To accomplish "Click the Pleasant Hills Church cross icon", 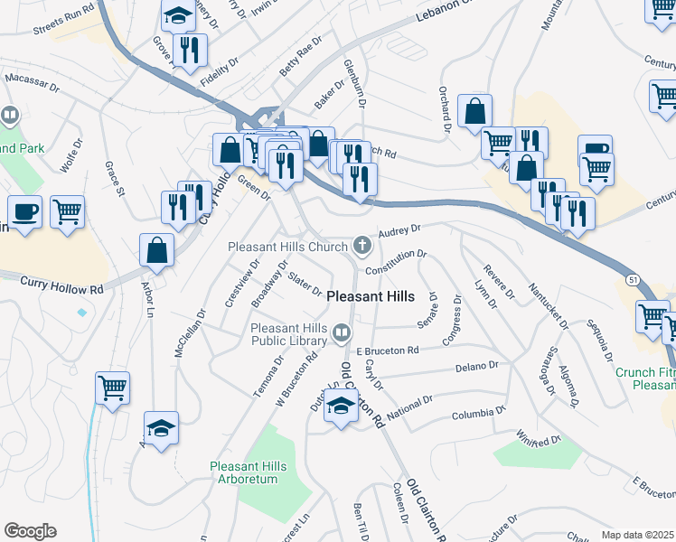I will (x=361, y=245).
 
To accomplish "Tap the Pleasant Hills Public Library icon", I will (x=341, y=333).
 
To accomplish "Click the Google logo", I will (x=30, y=531).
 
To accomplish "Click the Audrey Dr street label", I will (x=400, y=232).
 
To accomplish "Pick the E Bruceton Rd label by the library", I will (x=388, y=350).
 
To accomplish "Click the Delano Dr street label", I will (x=477, y=367).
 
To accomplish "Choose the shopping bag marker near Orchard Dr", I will (x=474, y=112).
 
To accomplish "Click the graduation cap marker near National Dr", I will (x=340, y=408).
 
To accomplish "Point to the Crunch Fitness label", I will (x=644, y=372).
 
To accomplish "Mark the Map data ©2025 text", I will (x=638, y=535).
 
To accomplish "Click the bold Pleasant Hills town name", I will (x=371, y=296).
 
